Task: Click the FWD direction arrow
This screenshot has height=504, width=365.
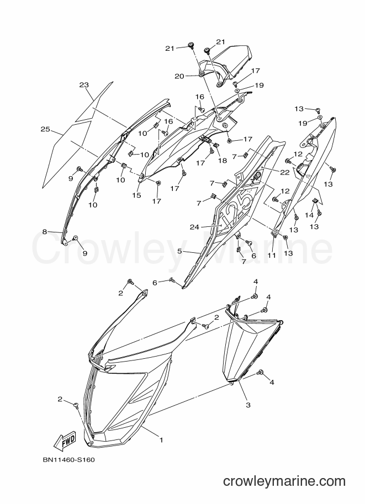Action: [x=64, y=440]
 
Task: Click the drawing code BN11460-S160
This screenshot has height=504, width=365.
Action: [x=69, y=460]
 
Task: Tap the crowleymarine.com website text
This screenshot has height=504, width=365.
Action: [x=284, y=481]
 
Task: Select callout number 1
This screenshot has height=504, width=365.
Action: [x=161, y=440]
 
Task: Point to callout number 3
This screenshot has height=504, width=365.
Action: [x=248, y=405]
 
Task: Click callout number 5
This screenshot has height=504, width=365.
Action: [x=179, y=251]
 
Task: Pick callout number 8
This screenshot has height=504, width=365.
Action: [x=45, y=231]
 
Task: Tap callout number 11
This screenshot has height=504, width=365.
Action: [x=272, y=255]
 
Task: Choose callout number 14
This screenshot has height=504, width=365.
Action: [x=309, y=215]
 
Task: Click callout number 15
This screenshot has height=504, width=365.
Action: [x=137, y=195]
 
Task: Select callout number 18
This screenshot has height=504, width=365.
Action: [x=223, y=161]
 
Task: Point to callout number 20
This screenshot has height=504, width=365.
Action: [x=179, y=76]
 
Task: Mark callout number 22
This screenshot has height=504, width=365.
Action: [x=285, y=172]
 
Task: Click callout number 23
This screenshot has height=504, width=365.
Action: [x=84, y=85]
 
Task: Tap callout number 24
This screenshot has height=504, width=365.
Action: [x=194, y=227]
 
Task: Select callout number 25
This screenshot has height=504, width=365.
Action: [x=45, y=129]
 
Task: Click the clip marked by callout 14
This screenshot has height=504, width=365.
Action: [x=315, y=201]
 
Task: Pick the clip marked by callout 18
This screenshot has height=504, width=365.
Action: [x=216, y=145]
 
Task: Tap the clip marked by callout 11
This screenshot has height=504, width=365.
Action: [x=274, y=234]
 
